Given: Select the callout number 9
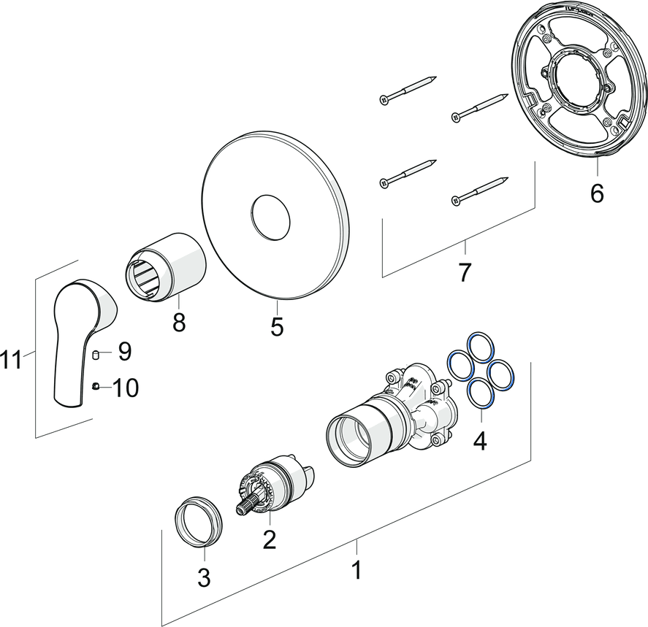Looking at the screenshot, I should tap(124, 352).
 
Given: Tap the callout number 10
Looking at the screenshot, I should tap(125, 387).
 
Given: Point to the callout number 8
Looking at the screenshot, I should tap(179, 321).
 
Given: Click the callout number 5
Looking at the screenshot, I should tap(276, 326).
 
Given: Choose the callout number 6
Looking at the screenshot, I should tap(597, 193).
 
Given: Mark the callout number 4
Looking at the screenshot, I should tap(479, 440).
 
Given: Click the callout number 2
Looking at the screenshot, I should tap(270, 539).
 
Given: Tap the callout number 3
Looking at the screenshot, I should tap(204, 577).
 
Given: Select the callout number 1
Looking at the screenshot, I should tap(357, 570).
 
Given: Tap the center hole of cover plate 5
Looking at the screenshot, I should tap(270, 217).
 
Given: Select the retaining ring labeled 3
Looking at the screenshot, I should tap(197, 520).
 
